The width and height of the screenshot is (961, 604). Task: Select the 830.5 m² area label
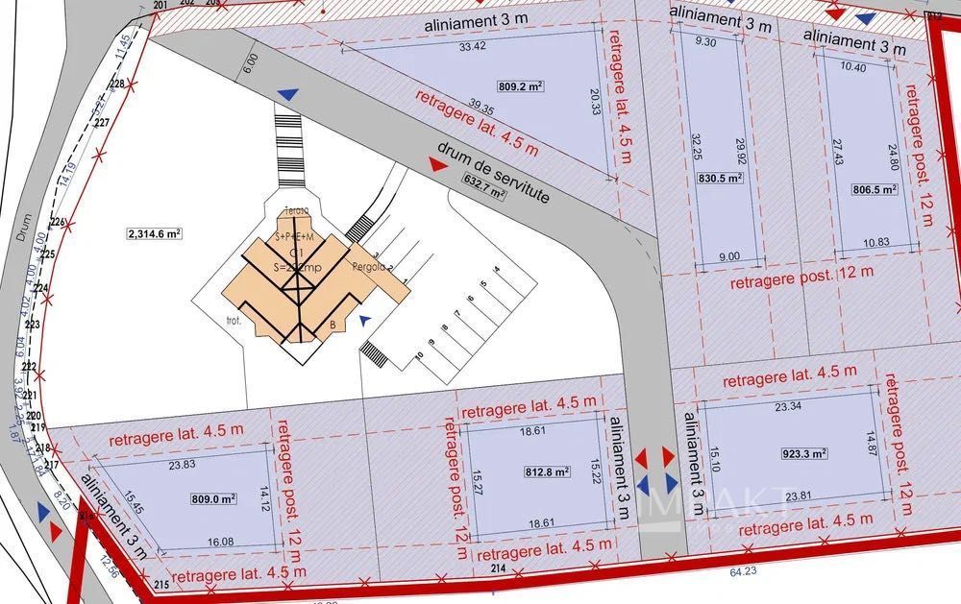719,178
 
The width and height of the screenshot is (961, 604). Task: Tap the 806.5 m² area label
875,190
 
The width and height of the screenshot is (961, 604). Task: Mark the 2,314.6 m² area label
155,233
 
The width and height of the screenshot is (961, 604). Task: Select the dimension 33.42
472,46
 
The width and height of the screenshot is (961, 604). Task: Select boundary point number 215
160,585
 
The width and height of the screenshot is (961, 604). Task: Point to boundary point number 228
117,85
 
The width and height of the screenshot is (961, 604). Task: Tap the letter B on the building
333,325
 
